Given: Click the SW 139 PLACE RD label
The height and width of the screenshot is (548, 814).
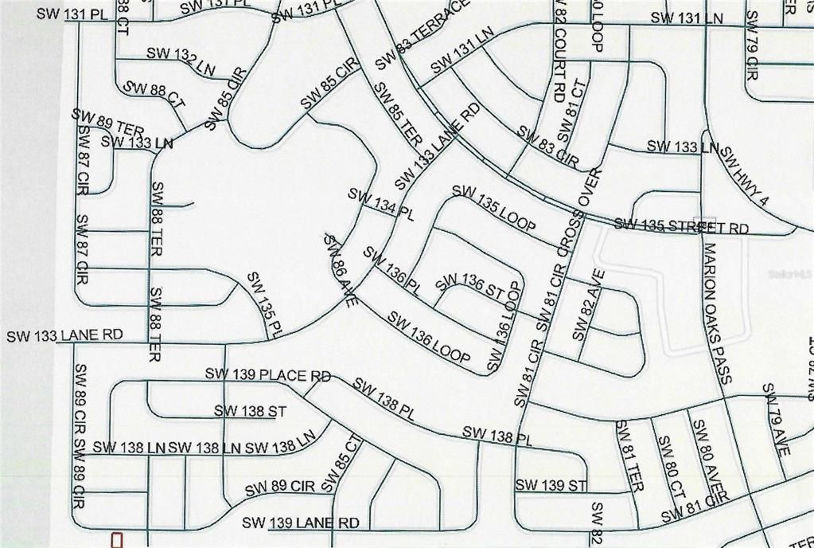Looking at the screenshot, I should (267, 374).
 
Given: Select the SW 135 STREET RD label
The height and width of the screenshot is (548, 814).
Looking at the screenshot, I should (681, 226).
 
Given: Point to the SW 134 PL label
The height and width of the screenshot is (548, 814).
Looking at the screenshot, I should (381, 204).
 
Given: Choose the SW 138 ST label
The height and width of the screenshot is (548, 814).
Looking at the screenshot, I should (250, 411).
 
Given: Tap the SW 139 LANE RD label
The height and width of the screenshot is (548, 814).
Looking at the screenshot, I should (301, 523).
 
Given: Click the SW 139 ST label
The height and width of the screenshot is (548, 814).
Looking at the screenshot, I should (551, 485).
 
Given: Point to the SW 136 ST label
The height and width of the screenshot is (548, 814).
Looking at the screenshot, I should (469, 287).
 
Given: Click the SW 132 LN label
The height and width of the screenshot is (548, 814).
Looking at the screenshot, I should (181, 61).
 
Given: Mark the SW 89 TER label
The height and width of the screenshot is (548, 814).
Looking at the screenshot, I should (107, 122).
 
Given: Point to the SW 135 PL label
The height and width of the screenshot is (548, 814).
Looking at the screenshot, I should (265, 305).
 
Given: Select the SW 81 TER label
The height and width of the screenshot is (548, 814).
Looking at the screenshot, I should (629, 455).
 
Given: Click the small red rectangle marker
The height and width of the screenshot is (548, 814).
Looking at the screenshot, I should (117, 540).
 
